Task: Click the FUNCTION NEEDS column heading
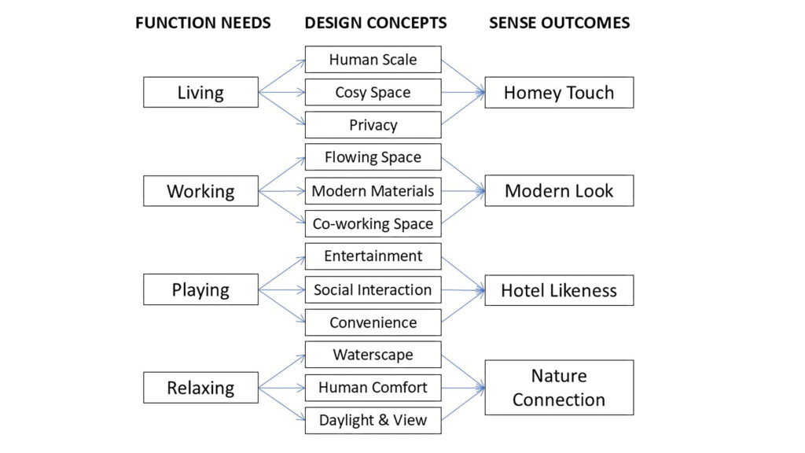tap(203, 23)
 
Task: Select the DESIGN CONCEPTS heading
tap(375, 23)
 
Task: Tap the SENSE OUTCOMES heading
tap(559, 23)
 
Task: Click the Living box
tap(200, 93)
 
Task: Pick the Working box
tap(200, 191)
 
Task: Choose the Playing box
tap(200, 289)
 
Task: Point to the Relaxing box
tap(200, 388)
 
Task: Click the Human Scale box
tap(373, 60)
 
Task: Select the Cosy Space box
tap(373, 93)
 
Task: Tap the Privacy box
tap(373, 125)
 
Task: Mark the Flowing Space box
tap(373, 157)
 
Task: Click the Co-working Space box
tap(373, 223)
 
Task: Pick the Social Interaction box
tap(373, 289)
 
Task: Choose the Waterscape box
tap(373, 355)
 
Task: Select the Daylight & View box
tap(373, 420)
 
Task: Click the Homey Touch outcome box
tap(559, 93)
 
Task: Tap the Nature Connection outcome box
tap(559, 388)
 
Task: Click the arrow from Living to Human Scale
tap(282, 76)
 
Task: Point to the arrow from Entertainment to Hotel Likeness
tap(463, 274)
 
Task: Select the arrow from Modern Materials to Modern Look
tap(463, 191)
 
